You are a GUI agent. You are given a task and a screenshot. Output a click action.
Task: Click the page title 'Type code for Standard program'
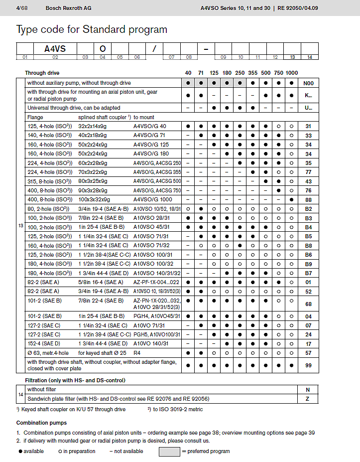pos(92,29)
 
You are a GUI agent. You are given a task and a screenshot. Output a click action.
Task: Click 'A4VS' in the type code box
pos(55,49)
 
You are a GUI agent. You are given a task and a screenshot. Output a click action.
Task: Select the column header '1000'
pos(292,73)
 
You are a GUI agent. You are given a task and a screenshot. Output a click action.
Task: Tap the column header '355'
pos(253,73)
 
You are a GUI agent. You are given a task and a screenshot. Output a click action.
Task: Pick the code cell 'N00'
pos(309,83)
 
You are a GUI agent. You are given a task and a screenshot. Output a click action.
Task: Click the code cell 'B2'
pos(309,209)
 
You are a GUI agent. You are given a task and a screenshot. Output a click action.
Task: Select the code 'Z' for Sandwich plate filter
pos(309,399)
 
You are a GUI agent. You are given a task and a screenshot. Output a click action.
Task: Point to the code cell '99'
pos(309,365)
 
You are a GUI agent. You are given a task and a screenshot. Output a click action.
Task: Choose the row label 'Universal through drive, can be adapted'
pos(74,108)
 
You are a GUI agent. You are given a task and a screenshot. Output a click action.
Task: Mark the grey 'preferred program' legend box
pos(169,451)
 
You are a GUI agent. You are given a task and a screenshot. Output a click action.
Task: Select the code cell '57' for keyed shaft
pos(309,353)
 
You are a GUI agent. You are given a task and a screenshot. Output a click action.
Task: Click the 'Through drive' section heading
pos(42,73)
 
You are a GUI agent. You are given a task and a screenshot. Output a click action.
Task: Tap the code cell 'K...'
pos(309,95)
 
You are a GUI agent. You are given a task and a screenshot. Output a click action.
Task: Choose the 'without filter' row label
pos(42,390)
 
